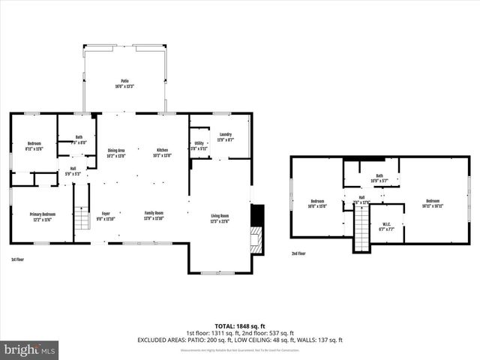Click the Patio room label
click(125, 83)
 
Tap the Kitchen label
click(163, 153)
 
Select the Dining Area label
click(115, 153)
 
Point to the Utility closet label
click(199, 146)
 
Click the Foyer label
click(106, 216)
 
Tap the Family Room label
click(154, 216)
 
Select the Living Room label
click(219, 218)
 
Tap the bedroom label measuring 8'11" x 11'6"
click(34, 145)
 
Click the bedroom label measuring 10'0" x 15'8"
click(318, 203)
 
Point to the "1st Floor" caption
click(19, 259)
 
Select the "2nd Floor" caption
click(298, 253)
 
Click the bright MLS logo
click(30, 349)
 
